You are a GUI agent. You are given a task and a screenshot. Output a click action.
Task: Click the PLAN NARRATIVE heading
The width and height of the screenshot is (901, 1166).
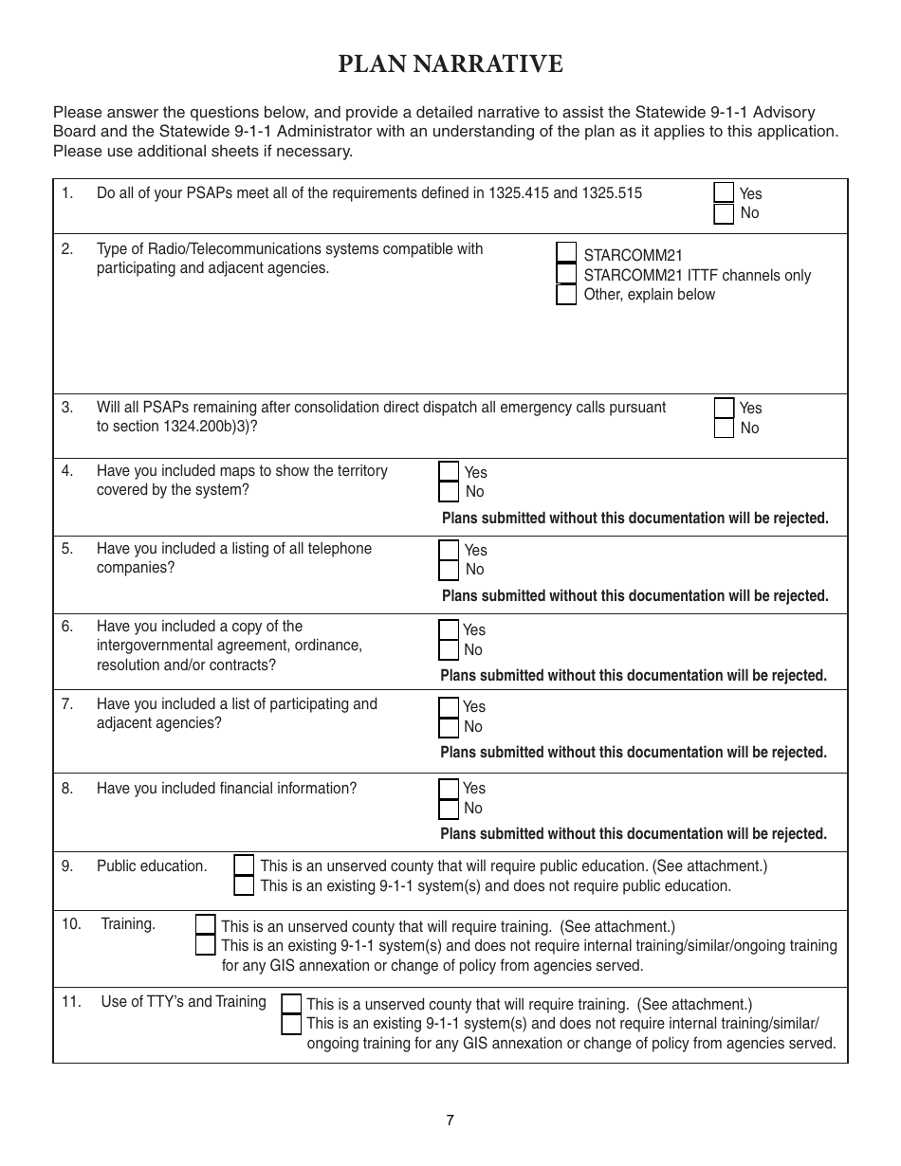(450, 64)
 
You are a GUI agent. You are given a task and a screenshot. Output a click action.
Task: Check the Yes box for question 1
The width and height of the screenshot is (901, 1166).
(724, 192)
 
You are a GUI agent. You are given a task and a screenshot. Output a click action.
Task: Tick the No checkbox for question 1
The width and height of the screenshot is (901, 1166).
(724, 213)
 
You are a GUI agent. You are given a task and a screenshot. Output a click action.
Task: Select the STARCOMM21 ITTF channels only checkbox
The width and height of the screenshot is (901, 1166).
(566, 274)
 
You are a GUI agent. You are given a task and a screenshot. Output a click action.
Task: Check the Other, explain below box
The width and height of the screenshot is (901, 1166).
(566, 294)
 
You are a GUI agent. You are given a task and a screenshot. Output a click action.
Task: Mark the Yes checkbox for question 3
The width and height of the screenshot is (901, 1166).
(724, 408)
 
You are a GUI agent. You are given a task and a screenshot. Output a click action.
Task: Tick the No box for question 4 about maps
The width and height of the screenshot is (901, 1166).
(449, 491)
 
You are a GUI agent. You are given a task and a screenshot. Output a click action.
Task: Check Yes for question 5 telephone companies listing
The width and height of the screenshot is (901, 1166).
(449, 550)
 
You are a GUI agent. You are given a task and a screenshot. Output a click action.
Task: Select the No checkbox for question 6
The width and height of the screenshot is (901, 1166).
(449, 649)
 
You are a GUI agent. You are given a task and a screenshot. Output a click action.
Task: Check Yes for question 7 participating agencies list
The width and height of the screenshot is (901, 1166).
(449, 707)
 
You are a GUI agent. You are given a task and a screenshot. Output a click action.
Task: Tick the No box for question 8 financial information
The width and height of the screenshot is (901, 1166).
(449, 809)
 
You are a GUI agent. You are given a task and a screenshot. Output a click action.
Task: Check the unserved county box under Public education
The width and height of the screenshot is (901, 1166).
(244, 865)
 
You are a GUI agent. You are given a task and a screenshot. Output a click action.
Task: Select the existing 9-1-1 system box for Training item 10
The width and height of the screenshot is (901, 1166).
(205, 945)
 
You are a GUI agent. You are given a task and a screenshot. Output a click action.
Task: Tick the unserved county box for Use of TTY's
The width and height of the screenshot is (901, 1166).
(292, 1004)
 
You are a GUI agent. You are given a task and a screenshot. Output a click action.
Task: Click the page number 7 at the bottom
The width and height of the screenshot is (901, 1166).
(450, 1120)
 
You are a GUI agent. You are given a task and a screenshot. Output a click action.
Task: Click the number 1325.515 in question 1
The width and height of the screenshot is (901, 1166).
(612, 193)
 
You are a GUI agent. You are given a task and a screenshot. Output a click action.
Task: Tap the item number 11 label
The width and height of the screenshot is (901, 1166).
(71, 1001)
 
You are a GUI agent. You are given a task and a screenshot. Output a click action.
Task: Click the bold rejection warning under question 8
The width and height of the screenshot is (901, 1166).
(633, 834)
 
